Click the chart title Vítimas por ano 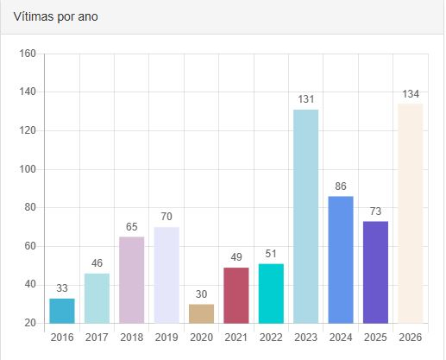pyautogui.click(x=56, y=16)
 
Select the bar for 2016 pyautogui.click(x=62, y=311)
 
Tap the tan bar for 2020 pyautogui.click(x=202, y=314)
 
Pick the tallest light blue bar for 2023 pyautogui.click(x=306, y=217)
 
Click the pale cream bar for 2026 pyautogui.click(x=411, y=213)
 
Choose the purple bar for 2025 pyautogui.click(x=375, y=272)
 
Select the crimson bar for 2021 pyautogui.click(x=236, y=295)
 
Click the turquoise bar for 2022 pyautogui.click(x=271, y=294)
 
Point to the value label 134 pyautogui.click(x=411, y=94)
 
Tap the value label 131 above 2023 pyautogui.click(x=306, y=99)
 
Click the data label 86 pyautogui.click(x=341, y=186)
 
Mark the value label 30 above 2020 pyautogui.click(x=202, y=294)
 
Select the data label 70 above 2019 pyautogui.click(x=166, y=217)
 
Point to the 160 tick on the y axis pyautogui.click(x=28, y=54)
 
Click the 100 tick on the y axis pyautogui.click(x=28, y=169)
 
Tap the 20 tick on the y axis pyautogui.click(x=30, y=323)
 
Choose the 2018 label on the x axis pyautogui.click(x=132, y=338)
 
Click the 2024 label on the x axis pyautogui.click(x=341, y=338)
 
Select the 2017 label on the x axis pyautogui.click(x=97, y=338)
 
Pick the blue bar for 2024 pyautogui.click(x=341, y=260)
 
